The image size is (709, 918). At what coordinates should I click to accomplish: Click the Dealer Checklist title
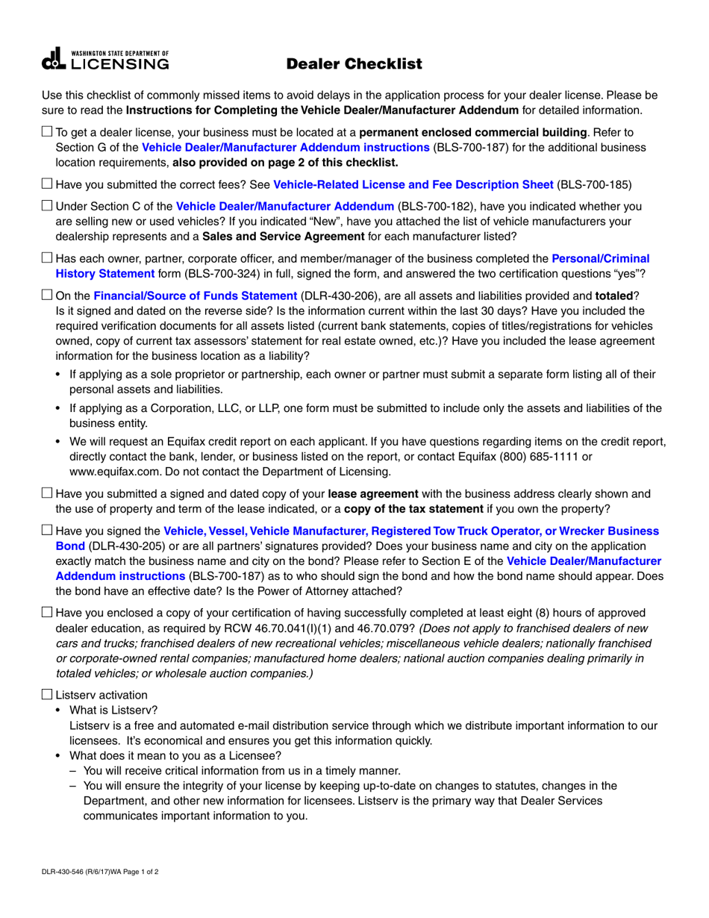tap(354, 64)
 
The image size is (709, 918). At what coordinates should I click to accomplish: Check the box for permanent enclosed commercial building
tap(47, 132)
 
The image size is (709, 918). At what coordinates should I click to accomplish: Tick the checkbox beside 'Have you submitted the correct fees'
tap(47, 184)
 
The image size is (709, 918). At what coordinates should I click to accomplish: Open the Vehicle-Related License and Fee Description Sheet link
tap(413, 184)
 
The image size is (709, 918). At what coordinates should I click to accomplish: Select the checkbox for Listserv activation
tap(47, 695)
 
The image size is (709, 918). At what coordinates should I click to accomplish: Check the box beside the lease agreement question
tap(47, 493)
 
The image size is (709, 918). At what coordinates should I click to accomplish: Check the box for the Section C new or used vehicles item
tap(47, 206)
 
